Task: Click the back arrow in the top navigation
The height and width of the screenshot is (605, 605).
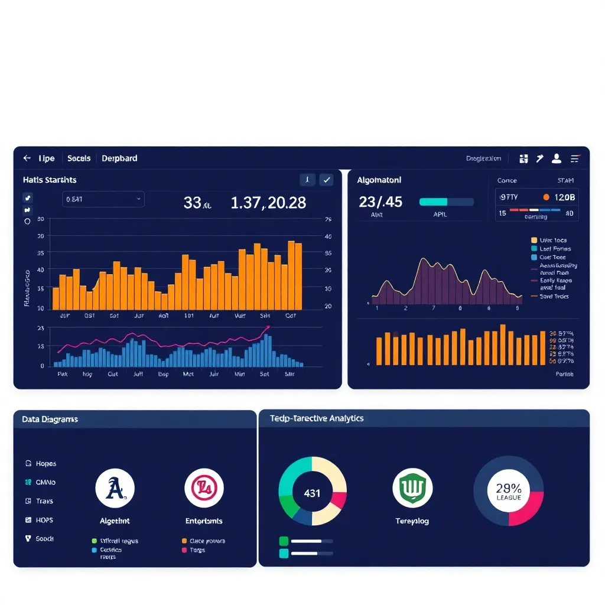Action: pos(27,158)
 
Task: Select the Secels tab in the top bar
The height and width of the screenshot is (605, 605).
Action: pos(79,158)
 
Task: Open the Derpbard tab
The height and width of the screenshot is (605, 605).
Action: pos(119,158)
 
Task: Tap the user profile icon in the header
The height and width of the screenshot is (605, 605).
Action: pos(556,158)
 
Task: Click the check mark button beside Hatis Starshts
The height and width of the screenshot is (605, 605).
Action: pos(326,180)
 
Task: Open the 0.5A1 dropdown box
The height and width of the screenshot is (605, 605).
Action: pos(103,199)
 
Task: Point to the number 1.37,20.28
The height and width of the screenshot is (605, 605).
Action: pos(268,203)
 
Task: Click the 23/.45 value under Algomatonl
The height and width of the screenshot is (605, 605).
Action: pos(380,202)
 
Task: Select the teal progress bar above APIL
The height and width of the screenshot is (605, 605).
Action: pos(446,201)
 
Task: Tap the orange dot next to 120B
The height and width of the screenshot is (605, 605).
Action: pos(546,197)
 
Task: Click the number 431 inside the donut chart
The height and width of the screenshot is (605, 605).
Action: pos(312,493)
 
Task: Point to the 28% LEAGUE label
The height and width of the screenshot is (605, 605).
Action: pos(508,491)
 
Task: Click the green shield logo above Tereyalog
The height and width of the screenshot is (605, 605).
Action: pos(412,489)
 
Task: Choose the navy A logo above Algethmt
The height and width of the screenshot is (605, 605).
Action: pos(115,489)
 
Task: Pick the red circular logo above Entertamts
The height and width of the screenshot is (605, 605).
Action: pos(204,488)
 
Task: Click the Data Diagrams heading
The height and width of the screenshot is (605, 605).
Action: pos(50,419)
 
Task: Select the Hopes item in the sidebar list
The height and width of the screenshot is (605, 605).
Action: pos(45,464)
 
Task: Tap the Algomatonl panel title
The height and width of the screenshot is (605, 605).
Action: pos(379,180)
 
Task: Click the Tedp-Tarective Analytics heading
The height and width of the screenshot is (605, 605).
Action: pos(317,418)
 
